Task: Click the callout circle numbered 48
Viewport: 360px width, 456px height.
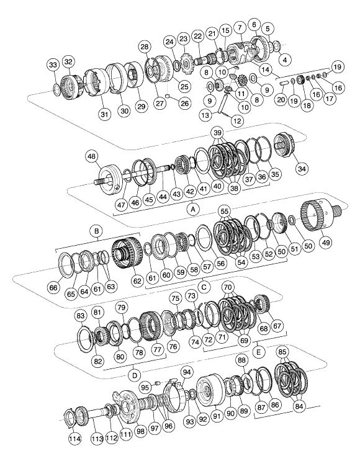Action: pyautogui.click(x=91, y=156)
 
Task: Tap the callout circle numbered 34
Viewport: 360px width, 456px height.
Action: pyautogui.click(x=302, y=168)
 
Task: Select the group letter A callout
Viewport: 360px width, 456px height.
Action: pyautogui.click(x=192, y=209)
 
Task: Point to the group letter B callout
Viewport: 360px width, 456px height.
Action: pyautogui.click(x=97, y=231)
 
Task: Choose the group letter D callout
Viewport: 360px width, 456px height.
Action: pyautogui.click(x=135, y=375)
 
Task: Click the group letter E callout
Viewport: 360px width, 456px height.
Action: pyautogui.click(x=258, y=352)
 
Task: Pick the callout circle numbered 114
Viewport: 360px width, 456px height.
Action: pyautogui.click(x=75, y=439)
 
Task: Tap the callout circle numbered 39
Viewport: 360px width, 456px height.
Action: pyautogui.click(x=217, y=133)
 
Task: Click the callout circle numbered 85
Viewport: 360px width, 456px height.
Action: pyautogui.click(x=282, y=352)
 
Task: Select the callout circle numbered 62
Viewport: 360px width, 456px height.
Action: pyautogui.click(x=137, y=280)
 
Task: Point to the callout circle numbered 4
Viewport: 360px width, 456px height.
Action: pyautogui.click(x=285, y=60)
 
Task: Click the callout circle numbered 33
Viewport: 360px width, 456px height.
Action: pyautogui.click(x=53, y=65)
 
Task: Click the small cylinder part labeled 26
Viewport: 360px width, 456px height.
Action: pyautogui.click(x=168, y=96)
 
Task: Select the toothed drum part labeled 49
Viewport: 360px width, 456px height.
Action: pyautogui.click(x=320, y=215)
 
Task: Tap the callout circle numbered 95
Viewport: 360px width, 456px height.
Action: pyautogui.click(x=145, y=387)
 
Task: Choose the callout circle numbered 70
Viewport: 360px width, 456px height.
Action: pyautogui.click(x=228, y=287)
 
